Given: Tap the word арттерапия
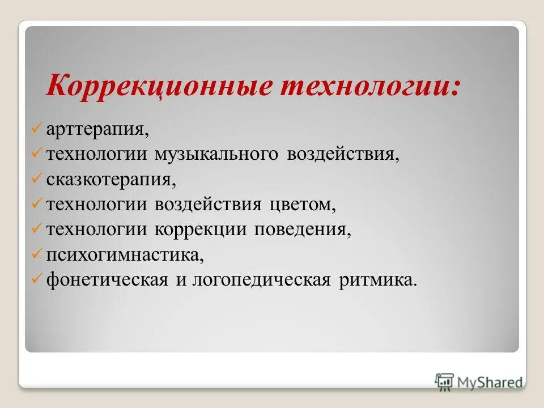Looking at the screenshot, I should coord(98,130).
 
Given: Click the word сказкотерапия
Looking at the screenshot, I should coord(111,180).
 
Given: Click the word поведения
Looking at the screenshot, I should coord(307,229).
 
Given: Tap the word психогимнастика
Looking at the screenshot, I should coord(125,254).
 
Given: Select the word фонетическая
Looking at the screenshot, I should coord(107,279).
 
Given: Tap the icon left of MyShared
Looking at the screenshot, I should coord(444,381).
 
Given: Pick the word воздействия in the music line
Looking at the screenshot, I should coord(343,155).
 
